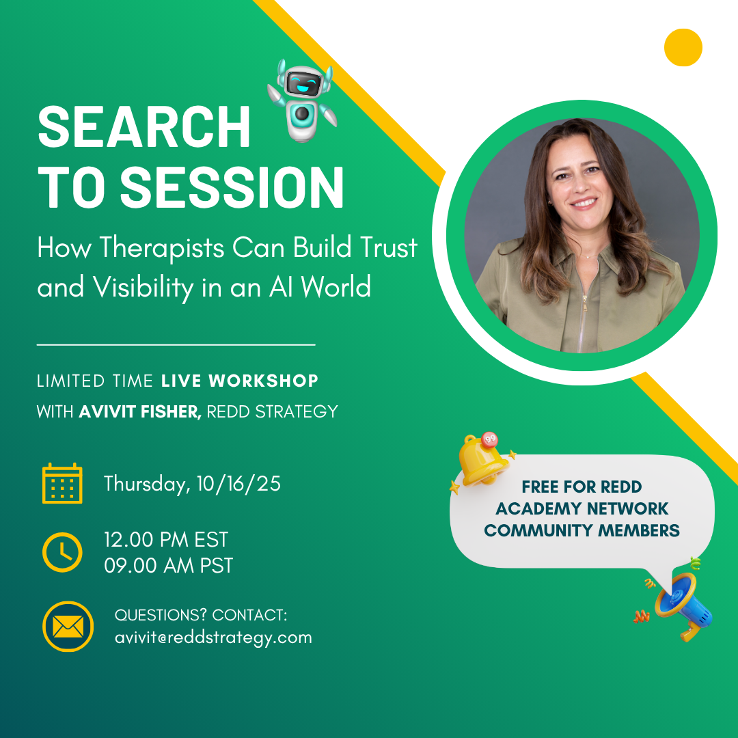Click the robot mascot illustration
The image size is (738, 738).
click(x=302, y=100)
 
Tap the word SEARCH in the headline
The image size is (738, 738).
click(x=144, y=126)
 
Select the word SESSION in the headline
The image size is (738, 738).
click(x=232, y=187)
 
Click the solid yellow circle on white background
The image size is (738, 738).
click(x=683, y=47)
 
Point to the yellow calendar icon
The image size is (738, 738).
click(x=62, y=483)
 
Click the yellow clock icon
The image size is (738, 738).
click(x=62, y=552)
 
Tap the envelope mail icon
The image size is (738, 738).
click(x=68, y=627)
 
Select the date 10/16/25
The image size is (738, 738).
click(x=238, y=483)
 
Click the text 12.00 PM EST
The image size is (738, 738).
click(x=166, y=539)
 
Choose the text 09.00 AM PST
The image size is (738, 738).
click(x=169, y=565)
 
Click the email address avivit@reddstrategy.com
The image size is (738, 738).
click(x=213, y=638)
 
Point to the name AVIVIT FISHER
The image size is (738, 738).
click(x=140, y=412)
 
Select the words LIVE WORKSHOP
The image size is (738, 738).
click(x=240, y=381)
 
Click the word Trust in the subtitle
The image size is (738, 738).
click(x=389, y=247)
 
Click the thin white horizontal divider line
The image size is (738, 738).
click(x=176, y=345)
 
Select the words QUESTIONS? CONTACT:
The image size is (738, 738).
click(x=201, y=615)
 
